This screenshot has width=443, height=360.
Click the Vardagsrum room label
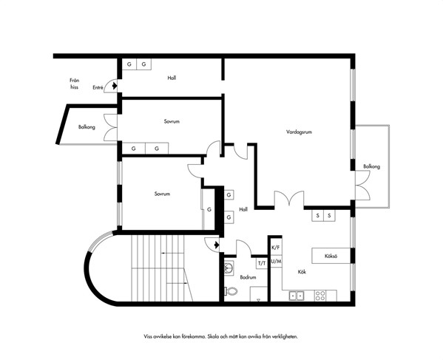(x=299, y=132)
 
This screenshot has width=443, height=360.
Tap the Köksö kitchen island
(x=331, y=256)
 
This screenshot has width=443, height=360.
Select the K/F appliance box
(x=276, y=248)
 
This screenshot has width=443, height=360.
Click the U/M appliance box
(x=276, y=262)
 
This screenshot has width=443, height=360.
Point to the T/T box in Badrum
(x=262, y=263)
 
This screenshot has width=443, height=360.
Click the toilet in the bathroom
(x=231, y=291)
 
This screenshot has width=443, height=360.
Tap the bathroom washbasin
(x=229, y=267)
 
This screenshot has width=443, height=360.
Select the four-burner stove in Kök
(x=320, y=296)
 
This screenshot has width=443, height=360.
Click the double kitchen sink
(x=296, y=296)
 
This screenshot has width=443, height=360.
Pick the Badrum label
(x=248, y=277)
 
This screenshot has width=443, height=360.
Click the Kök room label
(x=302, y=272)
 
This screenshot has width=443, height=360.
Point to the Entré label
(x=98, y=87)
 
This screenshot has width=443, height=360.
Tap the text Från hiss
(x=74, y=84)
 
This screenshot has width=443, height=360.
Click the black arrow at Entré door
(x=115, y=85)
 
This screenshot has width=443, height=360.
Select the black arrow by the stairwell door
(x=217, y=245)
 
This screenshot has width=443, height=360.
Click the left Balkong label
(x=87, y=127)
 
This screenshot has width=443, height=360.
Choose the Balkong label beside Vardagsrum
(x=371, y=166)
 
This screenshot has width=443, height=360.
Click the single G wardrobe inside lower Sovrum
(x=209, y=209)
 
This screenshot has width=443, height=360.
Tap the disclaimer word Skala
(x=213, y=336)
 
